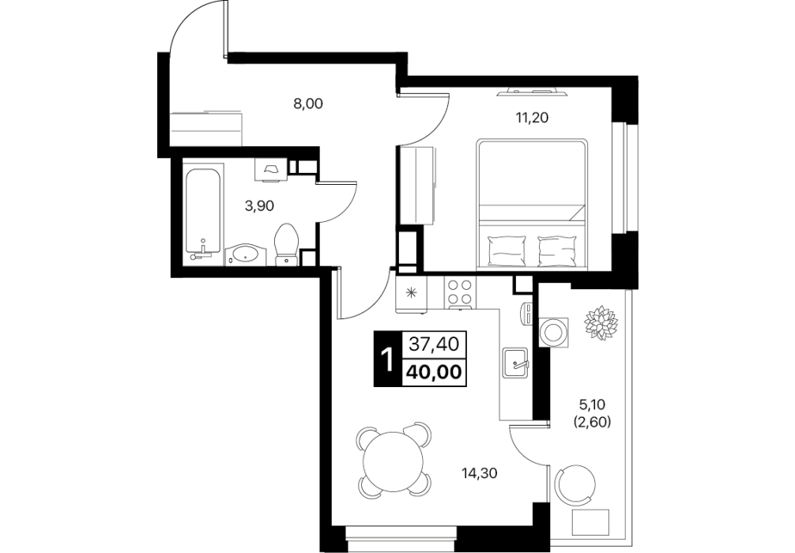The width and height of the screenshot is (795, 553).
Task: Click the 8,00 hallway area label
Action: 307,104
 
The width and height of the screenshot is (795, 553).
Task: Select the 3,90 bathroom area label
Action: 259,205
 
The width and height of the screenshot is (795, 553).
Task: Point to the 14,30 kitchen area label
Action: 480,473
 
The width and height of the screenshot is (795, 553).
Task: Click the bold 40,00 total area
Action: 434,373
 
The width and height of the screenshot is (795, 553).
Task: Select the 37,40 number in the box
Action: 434,344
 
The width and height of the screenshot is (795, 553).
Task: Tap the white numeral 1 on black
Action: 387,359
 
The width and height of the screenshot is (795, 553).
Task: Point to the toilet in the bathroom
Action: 287,246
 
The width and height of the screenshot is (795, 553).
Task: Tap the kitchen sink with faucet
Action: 515,363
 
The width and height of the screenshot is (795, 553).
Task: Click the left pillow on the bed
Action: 506,250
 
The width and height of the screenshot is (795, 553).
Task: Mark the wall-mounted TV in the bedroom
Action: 533,92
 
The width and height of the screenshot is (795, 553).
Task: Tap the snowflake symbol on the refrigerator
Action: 412,292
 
